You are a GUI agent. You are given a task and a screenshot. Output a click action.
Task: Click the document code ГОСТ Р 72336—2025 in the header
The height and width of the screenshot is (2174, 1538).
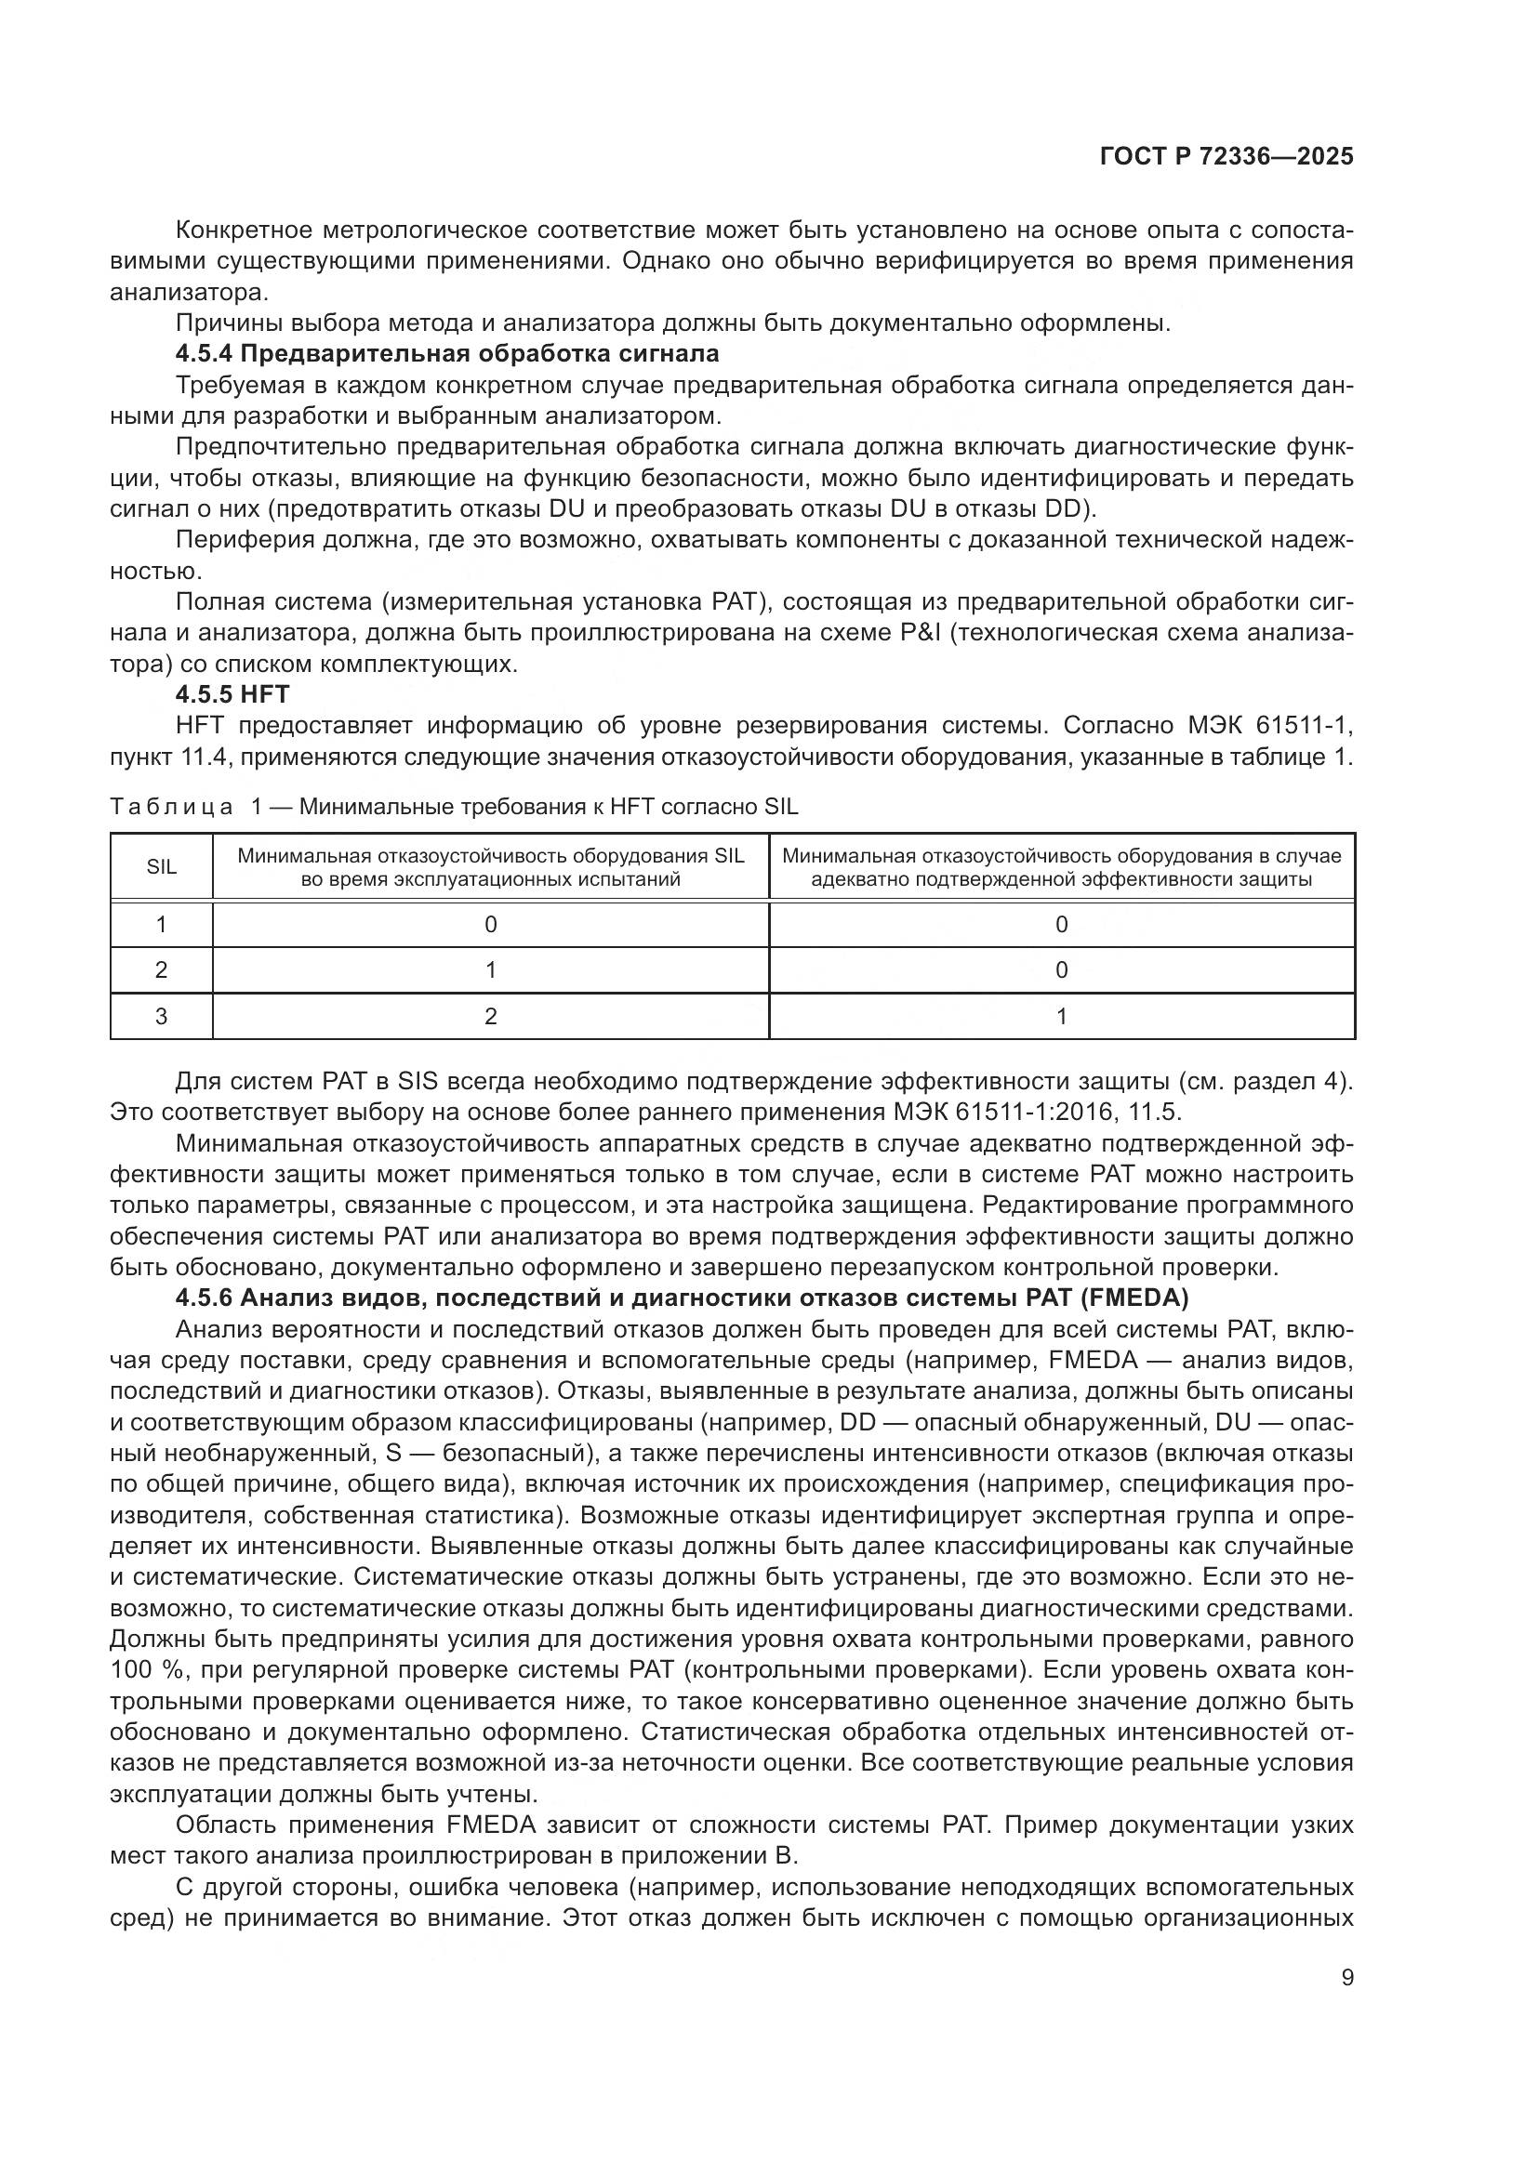coord(1226,156)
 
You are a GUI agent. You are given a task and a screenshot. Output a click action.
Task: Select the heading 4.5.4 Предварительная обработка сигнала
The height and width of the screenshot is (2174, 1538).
coord(447,354)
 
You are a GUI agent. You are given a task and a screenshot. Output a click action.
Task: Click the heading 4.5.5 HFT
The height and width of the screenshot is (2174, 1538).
coord(232,694)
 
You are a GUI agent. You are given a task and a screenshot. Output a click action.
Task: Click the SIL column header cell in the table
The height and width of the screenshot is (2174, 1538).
coord(161,866)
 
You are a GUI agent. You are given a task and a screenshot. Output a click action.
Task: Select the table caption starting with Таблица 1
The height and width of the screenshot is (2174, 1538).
coord(454,807)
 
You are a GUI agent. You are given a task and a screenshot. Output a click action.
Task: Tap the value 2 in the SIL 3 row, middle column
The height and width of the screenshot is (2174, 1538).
coord(491,1016)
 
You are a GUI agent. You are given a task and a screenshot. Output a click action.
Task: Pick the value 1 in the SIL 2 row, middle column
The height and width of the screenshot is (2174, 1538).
coord(491,969)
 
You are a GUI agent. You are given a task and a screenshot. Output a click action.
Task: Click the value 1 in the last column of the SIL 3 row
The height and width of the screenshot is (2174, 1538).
coord(1062,1016)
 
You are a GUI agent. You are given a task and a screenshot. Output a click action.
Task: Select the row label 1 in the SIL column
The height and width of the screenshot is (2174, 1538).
coord(161,924)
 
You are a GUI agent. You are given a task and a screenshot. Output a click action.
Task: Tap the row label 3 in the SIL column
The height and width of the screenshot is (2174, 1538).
coord(161,1016)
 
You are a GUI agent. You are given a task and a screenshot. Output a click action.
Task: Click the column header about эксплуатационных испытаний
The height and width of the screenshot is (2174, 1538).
coord(491,867)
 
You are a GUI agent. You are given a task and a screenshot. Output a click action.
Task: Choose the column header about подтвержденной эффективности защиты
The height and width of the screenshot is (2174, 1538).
coord(1062,867)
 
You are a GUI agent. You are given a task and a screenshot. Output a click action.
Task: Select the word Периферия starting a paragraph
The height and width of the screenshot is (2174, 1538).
coord(233,540)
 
